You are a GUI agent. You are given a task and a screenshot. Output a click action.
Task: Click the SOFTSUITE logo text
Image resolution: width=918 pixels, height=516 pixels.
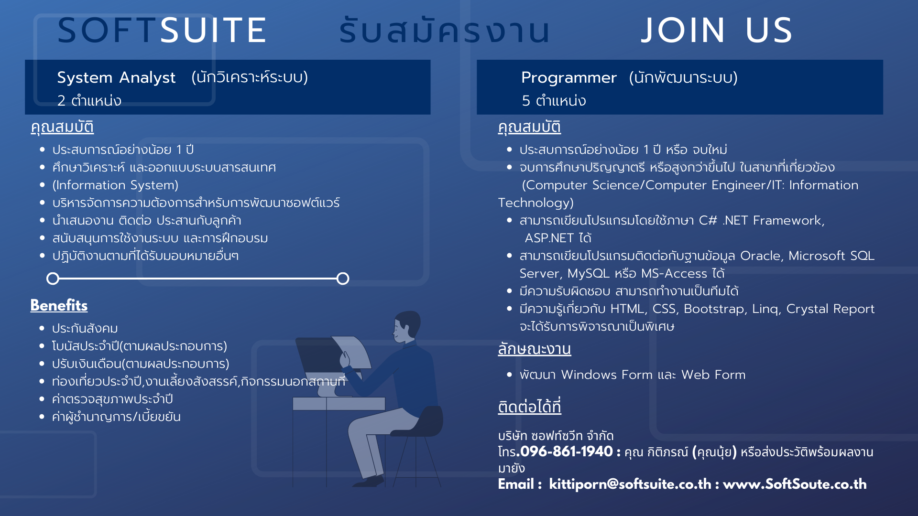click(162, 31)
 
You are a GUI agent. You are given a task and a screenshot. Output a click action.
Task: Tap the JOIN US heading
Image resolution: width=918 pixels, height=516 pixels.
click(717, 31)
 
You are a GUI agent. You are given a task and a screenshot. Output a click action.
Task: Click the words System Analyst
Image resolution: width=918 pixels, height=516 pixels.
click(116, 77)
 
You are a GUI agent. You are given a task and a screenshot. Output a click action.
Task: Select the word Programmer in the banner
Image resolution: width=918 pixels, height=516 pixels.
click(568, 77)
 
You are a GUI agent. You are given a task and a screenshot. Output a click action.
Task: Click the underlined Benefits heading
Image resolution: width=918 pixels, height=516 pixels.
click(59, 305)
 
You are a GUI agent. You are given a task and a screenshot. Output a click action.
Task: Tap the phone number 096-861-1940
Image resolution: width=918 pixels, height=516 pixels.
click(567, 451)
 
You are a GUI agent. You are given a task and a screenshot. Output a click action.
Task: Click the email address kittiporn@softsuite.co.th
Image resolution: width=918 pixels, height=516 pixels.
click(630, 484)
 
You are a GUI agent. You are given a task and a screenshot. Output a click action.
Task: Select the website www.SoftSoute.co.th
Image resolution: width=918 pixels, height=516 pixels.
click(795, 484)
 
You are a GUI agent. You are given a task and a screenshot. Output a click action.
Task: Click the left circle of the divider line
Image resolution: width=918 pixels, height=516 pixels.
click(53, 279)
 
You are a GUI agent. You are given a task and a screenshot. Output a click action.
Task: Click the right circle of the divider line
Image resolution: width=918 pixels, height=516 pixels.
click(343, 279)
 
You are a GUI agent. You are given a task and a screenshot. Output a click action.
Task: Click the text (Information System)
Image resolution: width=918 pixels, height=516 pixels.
click(115, 185)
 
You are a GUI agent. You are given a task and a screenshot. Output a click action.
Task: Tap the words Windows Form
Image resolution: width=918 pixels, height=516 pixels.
click(607, 375)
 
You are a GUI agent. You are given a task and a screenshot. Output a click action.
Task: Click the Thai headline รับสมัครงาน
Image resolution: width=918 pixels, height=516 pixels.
click(445, 31)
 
